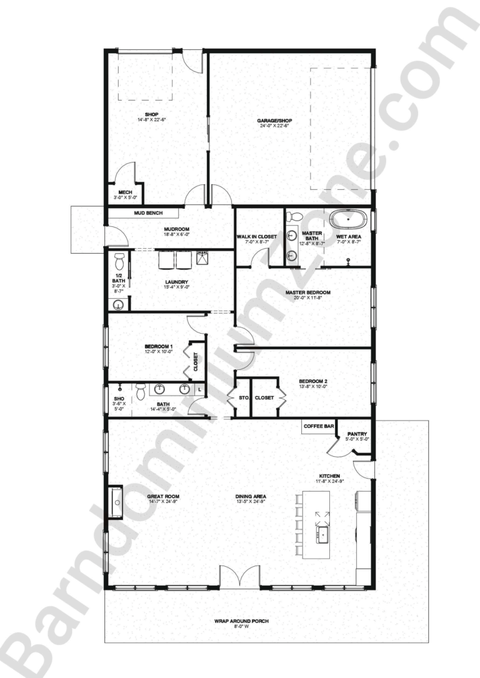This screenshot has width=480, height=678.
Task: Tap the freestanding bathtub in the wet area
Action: [x=346, y=220]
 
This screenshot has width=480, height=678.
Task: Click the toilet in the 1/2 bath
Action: [x=119, y=258]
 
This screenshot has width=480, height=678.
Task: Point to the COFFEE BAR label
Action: [x=317, y=426]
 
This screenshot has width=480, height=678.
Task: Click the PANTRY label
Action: [x=357, y=434]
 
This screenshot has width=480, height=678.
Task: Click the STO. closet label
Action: [x=243, y=397]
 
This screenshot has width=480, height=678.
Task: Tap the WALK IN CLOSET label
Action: [x=256, y=237]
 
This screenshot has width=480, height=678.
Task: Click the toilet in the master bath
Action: [x=296, y=217]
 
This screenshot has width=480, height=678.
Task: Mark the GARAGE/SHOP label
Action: [x=274, y=121]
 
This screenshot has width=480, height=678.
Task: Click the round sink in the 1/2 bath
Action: [x=119, y=304]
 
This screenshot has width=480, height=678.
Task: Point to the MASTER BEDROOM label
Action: [x=307, y=292]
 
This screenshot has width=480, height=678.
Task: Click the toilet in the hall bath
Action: [x=141, y=392]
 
